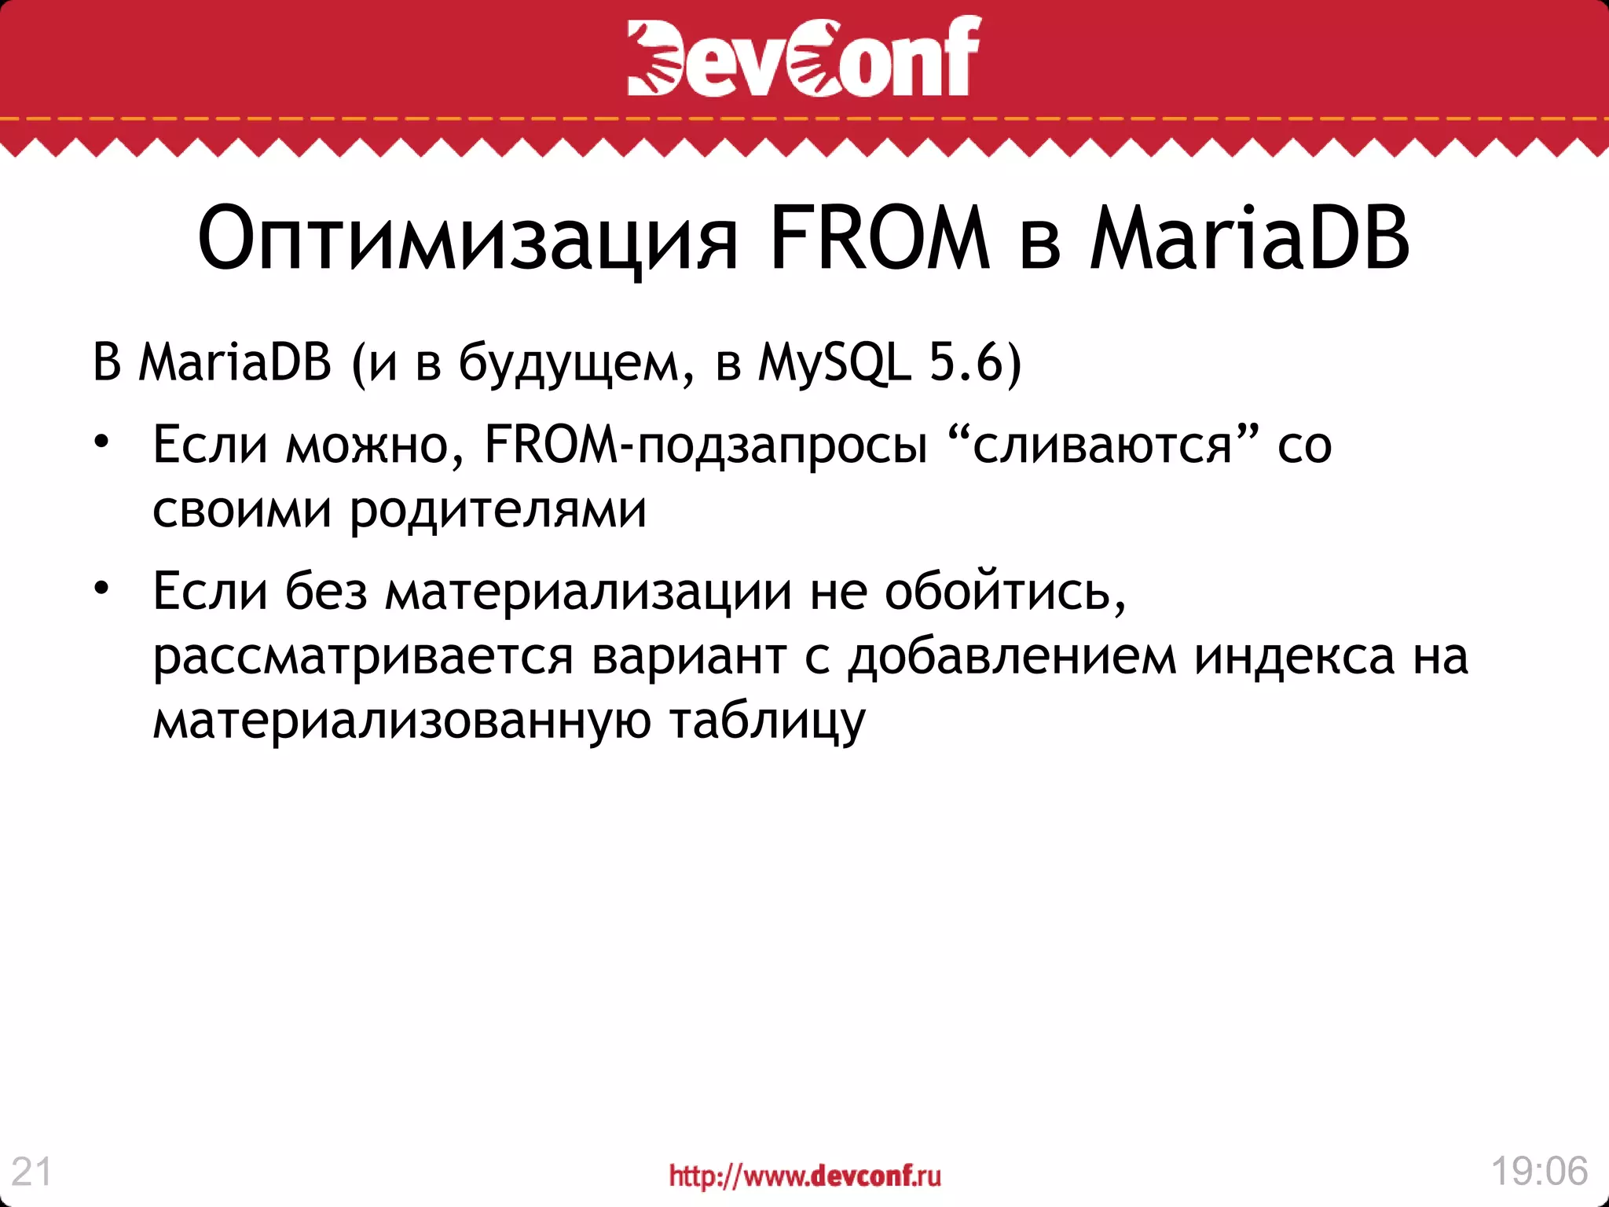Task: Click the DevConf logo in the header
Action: point(804,57)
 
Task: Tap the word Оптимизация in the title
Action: point(467,239)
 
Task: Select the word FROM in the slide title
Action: point(879,239)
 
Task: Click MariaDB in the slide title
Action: point(1249,239)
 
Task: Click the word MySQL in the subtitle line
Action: point(834,364)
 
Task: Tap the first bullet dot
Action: point(101,442)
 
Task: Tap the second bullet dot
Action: point(101,588)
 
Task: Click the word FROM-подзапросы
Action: point(706,446)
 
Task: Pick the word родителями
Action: point(498,512)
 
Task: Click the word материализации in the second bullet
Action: point(588,591)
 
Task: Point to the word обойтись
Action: point(1005,591)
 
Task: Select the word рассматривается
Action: point(363,657)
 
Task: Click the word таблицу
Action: point(768,722)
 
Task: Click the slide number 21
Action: point(32,1172)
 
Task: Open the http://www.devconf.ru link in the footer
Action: point(804,1176)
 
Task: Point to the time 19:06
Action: point(1539,1171)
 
